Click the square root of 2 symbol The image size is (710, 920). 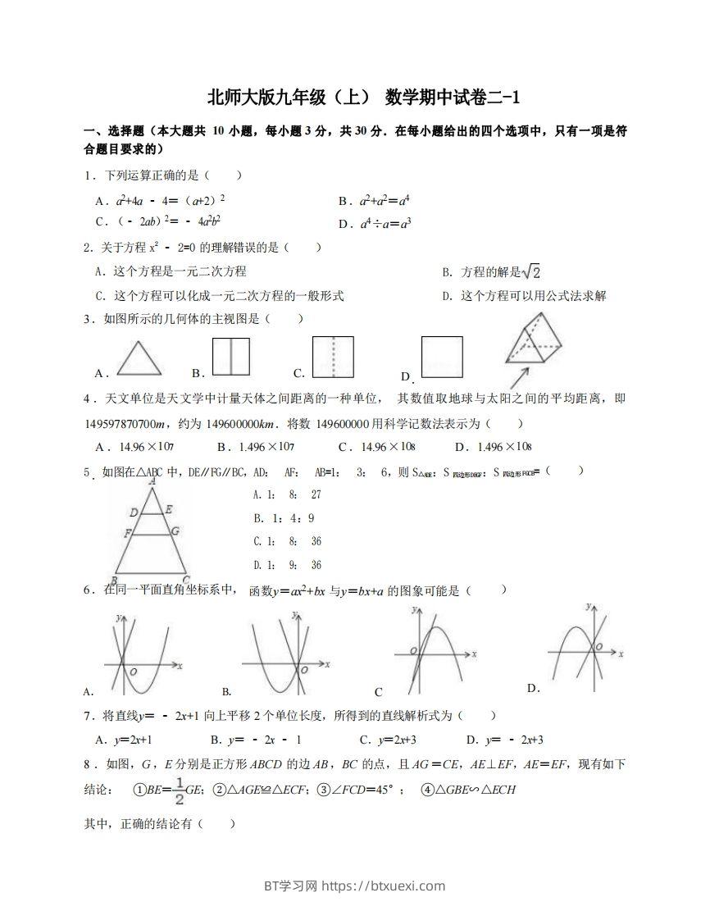(532, 271)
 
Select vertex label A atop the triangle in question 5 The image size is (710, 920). (152, 482)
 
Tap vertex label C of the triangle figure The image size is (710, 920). (186, 576)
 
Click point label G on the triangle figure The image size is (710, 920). (175, 532)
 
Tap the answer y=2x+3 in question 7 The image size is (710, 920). (407, 740)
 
